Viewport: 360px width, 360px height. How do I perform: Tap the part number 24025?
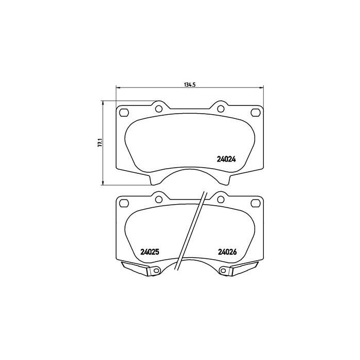click(150, 252)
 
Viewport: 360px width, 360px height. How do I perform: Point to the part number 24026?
click(226, 252)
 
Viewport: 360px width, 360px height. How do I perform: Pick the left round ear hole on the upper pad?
click(159, 108)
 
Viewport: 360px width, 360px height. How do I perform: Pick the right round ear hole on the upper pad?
click(221, 108)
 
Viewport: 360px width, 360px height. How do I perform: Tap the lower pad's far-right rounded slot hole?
click(254, 203)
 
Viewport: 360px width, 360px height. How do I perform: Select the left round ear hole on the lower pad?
click(159, 199)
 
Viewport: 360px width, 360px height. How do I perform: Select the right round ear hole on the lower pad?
click(221, 199)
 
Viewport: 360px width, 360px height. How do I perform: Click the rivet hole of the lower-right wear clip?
click(223, 272)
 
